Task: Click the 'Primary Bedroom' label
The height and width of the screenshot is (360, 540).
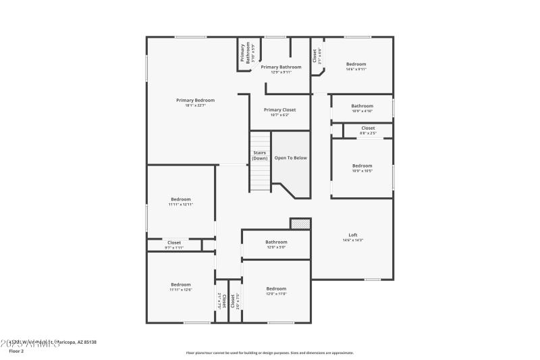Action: click(195, 100)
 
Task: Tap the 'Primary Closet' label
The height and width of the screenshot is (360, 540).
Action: click(279, 110)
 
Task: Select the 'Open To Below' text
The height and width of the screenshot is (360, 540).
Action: click(290, 157)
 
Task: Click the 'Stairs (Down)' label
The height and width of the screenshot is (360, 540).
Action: click(260, 155)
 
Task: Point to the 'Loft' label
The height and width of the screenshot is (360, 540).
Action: click(353, 235)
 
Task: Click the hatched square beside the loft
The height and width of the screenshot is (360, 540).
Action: click(300, 224)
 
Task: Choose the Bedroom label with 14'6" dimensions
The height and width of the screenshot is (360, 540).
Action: click(356, 64)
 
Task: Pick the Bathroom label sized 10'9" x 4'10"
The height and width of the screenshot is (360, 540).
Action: click(362, 106)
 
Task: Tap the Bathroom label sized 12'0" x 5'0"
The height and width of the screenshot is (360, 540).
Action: click(276, 242)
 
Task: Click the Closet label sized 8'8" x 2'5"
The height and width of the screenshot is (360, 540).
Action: click(368, 128)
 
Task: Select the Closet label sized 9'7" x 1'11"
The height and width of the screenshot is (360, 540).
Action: click(174, 242)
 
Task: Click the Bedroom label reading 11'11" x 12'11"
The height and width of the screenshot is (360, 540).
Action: click(181, 199)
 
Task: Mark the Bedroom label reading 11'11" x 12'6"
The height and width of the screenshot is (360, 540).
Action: click(181, 284)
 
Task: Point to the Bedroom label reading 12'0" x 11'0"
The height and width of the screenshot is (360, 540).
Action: click(276, 288)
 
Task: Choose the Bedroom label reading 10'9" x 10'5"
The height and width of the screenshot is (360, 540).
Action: click(362, 165)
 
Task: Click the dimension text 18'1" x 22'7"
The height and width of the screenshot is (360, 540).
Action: click(195, 105)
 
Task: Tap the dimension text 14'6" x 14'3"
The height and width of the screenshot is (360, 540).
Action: click(353, 240)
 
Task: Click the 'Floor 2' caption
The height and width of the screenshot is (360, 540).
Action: click(16, 351)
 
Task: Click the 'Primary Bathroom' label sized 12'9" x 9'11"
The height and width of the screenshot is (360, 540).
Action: click(281, 67)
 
